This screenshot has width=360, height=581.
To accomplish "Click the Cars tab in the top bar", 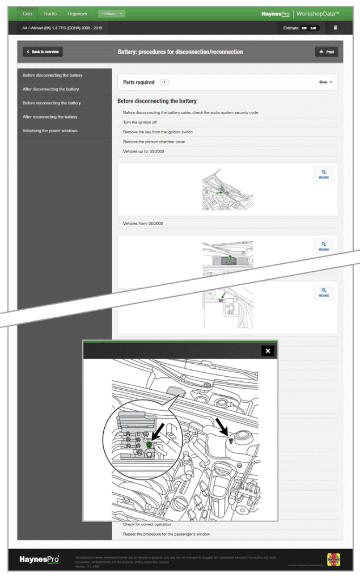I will pos(27,13).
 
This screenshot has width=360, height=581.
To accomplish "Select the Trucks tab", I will pos(50,13).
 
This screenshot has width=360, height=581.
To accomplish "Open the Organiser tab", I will pos(77,13).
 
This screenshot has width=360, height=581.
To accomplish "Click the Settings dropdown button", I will pos(112,13).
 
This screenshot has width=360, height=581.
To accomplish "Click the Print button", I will pos(327,52).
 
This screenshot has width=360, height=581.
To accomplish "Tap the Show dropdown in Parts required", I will pos(325,82).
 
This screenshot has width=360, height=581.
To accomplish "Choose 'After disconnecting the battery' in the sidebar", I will pos(51,89).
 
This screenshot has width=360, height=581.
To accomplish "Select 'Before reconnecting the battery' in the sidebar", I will pos(52,103).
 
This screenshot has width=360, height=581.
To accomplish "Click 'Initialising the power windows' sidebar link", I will pos(50,130).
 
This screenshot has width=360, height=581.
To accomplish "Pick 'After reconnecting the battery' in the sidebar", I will pos(50,117).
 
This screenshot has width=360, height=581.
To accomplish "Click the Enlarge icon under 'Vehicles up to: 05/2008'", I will pos(323,174).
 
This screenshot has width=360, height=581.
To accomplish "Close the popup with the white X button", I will pos(268,351).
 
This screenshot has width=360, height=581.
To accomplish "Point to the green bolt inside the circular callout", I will pos(149,445).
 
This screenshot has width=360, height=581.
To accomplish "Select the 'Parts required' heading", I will pos(139,82).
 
